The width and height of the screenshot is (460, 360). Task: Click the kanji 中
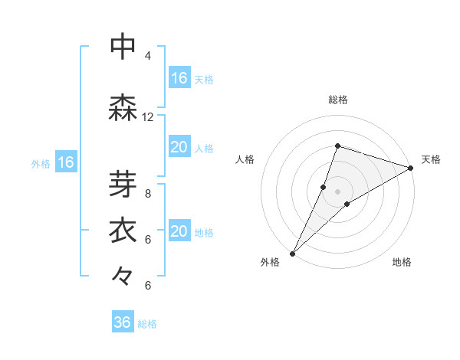point(123,47)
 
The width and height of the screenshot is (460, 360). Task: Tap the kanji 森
point(123,108)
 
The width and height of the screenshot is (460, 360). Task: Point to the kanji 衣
point(123,231)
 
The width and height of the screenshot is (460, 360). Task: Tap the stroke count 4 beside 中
point(147,56)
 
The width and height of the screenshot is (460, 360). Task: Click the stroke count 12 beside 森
point(147,117)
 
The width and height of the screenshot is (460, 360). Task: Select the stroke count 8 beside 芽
point(147,194)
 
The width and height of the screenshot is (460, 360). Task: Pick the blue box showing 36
point(123,322)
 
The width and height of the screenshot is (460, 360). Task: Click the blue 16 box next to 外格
point(65,162)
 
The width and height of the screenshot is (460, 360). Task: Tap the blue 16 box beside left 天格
point(179,78)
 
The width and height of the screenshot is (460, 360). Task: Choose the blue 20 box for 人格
point(179,147)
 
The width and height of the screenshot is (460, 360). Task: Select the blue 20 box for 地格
point(179,231)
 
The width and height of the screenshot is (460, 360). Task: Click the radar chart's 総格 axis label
point(337,100)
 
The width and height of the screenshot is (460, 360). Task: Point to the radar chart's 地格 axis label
point(402,262)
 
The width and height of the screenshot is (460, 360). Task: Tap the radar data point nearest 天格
point(411,168)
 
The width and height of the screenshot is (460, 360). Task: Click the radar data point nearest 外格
point(292,253)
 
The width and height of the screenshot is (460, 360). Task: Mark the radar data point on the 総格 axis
point(337,146)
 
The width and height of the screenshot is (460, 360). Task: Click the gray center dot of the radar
point(337,191)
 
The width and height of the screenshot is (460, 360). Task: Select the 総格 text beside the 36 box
point(147,324)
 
